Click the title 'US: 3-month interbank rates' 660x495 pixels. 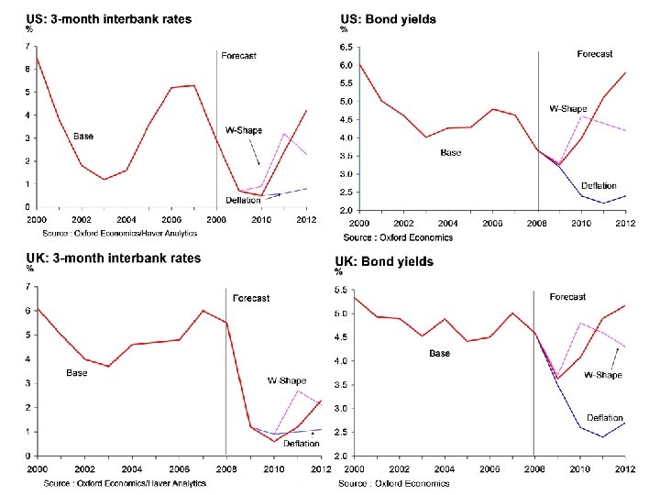click(x=108, y=19)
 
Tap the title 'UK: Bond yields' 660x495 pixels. click(x=384, y=261)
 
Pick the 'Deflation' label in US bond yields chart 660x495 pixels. click(x=599, y=186)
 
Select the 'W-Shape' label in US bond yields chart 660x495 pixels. click(x=567, y=108)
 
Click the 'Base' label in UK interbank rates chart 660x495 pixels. click(x=76, y=373)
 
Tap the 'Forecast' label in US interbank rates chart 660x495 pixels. click(x=239, y=56)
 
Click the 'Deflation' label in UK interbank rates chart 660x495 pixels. click(x=302, y=444)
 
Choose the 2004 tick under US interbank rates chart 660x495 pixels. click(x=126, y=220)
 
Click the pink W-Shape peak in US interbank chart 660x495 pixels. click(x=284, y=135)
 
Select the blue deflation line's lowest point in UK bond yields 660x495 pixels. click(x=603, y=436)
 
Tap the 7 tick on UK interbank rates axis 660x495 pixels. click(x=30, y=287)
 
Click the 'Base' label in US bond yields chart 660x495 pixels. click(x=450, y=153)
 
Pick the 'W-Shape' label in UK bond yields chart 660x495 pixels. click(x=603, y=375)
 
